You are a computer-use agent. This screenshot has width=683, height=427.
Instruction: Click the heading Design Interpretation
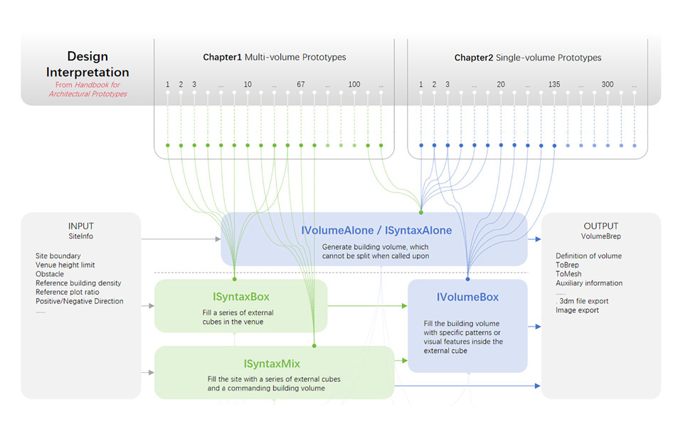click(x=88, y=64)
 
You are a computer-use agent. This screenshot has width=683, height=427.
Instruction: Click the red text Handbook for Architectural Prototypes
click(x=88, y=89)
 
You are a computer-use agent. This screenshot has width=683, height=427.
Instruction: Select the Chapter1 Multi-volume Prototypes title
click(x=275, y=57)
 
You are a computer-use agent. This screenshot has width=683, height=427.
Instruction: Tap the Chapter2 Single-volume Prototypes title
click(x=527, y=58)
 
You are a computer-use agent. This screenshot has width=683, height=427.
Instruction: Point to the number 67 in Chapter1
click(x=301, y=85)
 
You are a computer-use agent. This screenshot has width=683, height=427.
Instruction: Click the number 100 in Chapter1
click(x=354, y=85)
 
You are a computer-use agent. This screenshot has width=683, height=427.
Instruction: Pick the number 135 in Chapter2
click(x=554, y=85)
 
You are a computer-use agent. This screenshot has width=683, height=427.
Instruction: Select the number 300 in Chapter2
click(x=608, y=85)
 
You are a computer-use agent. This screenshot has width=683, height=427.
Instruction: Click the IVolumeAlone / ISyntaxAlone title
click(x=376, y=231)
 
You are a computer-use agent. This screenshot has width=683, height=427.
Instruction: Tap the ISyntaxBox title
click(x=240, y=297)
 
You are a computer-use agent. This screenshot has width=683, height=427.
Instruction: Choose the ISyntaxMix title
click(x=272, y=363)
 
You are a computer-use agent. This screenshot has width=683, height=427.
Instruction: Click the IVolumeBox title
click(x=467, y=297)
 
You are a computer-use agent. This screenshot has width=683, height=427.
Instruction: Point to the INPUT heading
click(x=80, y=226)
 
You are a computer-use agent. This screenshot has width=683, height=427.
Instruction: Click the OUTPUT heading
click(x=601, y=226)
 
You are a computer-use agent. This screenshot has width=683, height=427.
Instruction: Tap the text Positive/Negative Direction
click(x=79, y=301)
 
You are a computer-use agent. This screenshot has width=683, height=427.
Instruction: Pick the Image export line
click(x=577, y=310)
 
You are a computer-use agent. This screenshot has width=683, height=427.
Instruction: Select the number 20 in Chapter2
click(x=501, y=85)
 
